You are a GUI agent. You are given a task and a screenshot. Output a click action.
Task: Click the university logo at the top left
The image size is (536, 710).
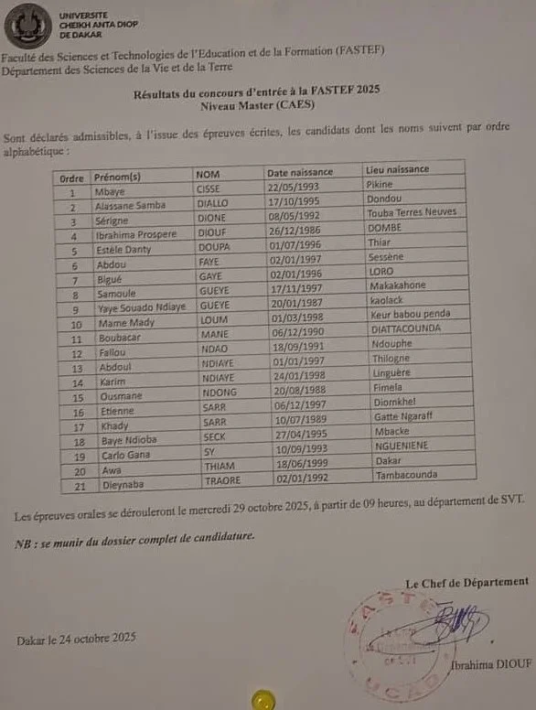pyautogui.click(x=27, y=27)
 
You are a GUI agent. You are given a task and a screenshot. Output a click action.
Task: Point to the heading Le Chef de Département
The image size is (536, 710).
pyautogui.click(x=466, y=581)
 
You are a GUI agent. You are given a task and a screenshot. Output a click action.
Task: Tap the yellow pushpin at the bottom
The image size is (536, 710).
pyautogui.click(x=263, y=701)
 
